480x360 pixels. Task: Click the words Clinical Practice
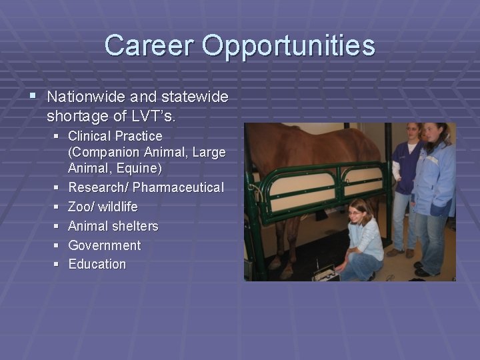(115, 136)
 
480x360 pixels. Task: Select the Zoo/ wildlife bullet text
(103, 207)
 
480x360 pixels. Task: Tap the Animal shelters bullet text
(113, 226)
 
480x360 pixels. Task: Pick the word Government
(104, 245)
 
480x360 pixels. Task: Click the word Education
(97, 264)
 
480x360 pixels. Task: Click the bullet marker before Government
(56, 245)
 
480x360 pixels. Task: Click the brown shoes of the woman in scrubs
(401, 252)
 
